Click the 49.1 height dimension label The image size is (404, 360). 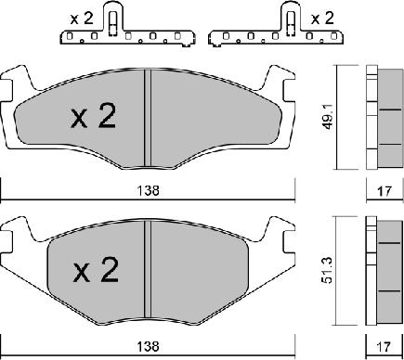click(328, 117)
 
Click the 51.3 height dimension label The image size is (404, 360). click(328, 270)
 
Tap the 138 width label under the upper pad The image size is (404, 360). click(149, 190)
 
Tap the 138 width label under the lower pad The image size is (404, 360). click(149, 346)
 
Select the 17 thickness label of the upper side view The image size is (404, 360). click(384, 191)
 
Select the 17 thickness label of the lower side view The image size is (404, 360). click(384, 347)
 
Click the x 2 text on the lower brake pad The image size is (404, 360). click(96, 270)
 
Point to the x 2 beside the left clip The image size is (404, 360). click(82, 19)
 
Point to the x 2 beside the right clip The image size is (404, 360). click(322, 19)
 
